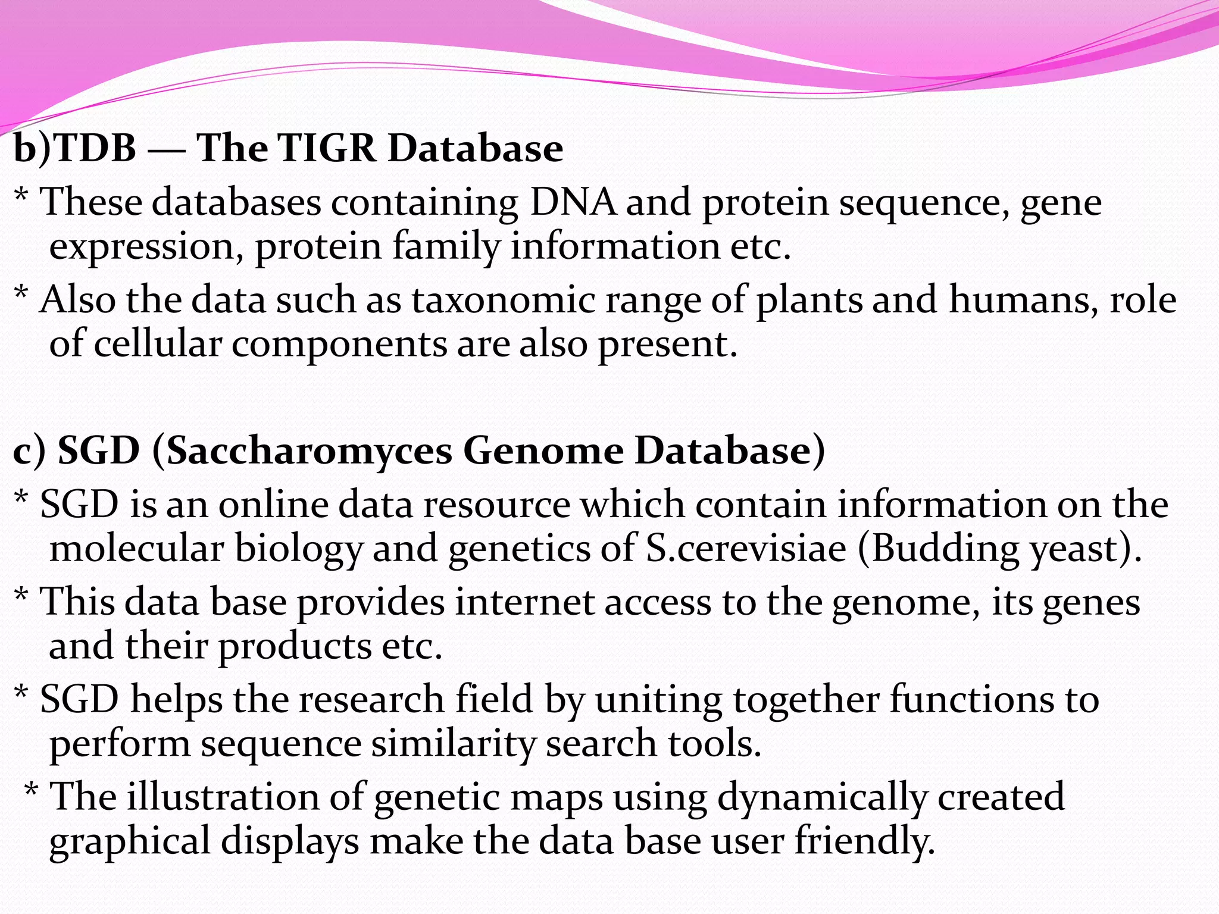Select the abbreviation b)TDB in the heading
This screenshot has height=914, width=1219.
point(74,148)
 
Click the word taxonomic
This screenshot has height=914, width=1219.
point(503,299)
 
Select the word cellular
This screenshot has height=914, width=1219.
point(158,344)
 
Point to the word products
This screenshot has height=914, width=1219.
point(295,647)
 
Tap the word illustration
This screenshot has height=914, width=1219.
point(223,797)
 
